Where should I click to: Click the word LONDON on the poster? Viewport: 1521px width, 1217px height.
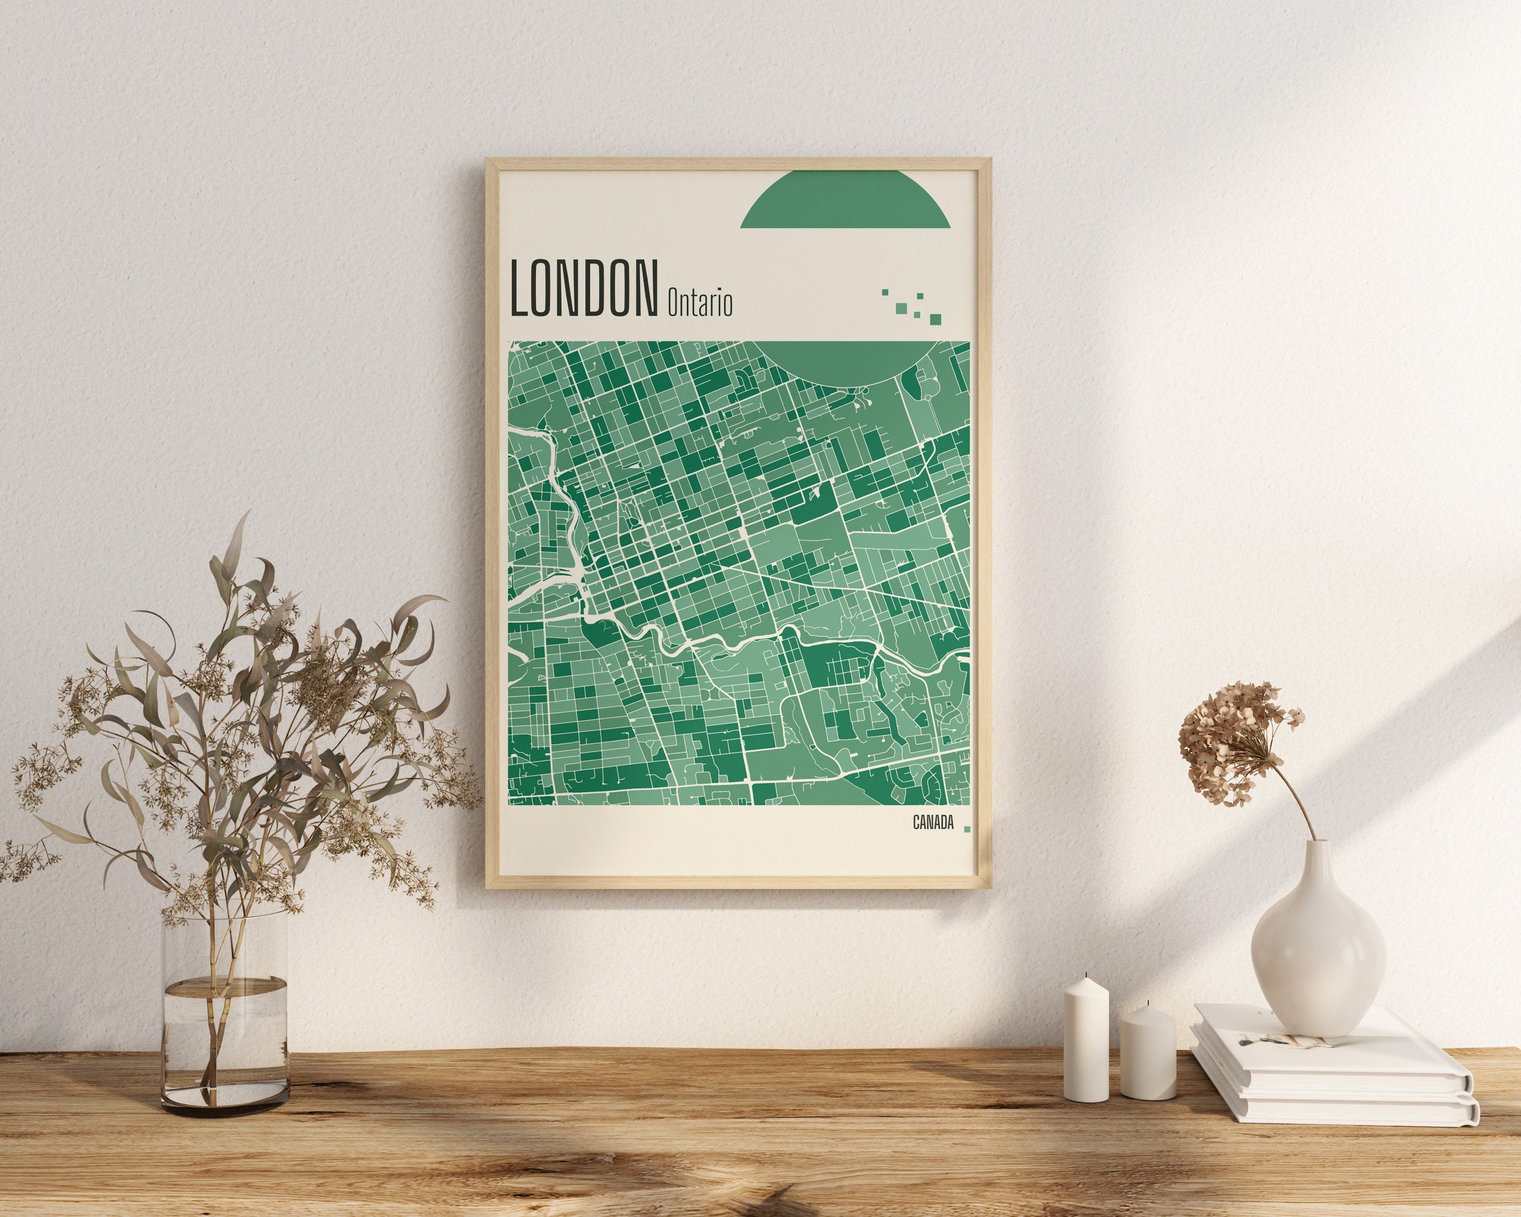tap(583, 288)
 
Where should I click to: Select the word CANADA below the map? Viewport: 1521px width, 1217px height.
tap(933, 823)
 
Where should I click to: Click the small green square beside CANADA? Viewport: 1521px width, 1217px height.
tap(967, 829)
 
